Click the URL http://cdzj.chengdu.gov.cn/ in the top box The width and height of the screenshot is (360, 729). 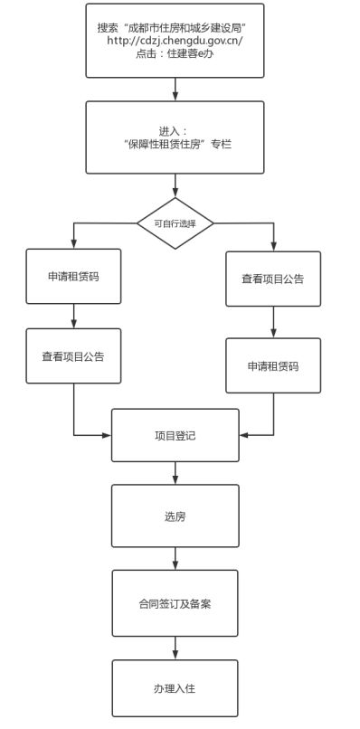pyautogui.click(x=175, y=41)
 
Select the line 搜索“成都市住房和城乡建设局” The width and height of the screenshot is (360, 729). pyautogui.click(x=175, y=27)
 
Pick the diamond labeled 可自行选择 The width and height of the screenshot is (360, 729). pyautogui.click(x=175, y=222)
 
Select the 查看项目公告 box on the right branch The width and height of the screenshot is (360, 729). pyautogui.click(x=273, y=279)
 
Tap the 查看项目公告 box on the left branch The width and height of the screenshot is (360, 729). pyautogui.click(x=73, y=355)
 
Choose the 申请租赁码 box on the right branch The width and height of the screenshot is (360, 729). pyautogui.click(x=273, y=366)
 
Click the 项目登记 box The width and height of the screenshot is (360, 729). pyautogui.click(x=175, y=436)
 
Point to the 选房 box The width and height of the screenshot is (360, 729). pyautogui.click(x=175, y=516)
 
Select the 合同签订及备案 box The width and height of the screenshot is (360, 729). pyautogui.click(x=175, y=601)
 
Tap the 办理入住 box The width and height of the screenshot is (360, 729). pyautogui.click(x=175, y=688)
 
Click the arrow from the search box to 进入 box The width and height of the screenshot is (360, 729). pyautogui.click(x=175, y=90)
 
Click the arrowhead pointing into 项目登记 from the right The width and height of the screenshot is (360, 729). pyautogui.click(x=244, y=435)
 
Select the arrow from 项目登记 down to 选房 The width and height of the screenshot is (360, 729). pyautogui.click(x=175, y=474)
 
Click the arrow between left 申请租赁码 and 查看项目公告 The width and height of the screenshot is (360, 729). pyautogui.click(x=73, y=316)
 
